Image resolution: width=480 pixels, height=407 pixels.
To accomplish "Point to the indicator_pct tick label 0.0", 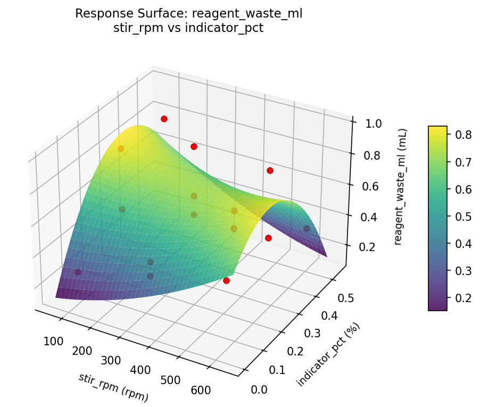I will [259, 390].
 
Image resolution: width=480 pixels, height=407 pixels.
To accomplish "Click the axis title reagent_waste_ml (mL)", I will [403, 186].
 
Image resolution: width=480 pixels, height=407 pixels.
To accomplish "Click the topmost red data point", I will [164, 119].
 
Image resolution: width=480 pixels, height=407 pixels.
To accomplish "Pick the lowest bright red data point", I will [226, 280].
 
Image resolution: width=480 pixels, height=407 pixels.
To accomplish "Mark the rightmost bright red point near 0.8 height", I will [270, 170].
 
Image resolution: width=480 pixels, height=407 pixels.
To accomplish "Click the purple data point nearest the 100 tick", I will [78, 272].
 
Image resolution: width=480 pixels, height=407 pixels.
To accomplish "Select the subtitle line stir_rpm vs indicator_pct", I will [188, 28].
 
